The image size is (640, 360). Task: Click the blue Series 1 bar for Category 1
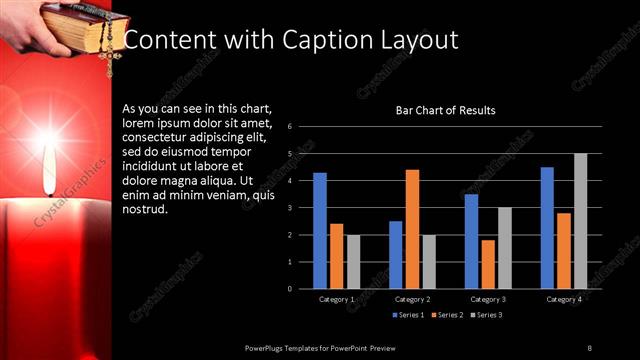coord(320,231)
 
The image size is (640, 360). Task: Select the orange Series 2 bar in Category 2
coord(412,229)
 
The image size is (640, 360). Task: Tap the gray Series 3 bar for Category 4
coord(580,221)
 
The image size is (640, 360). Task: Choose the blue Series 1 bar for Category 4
coord(547,228)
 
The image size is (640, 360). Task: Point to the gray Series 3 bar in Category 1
coord(353,262)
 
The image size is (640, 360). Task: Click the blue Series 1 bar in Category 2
coord(396,255)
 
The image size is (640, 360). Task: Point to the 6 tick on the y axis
coord(289,127)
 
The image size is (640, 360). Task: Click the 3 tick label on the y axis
coord(289,208)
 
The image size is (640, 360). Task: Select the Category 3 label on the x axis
coord(488,299)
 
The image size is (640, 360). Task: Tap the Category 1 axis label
coord(336,299)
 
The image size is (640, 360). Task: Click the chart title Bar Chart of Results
coord(446,110)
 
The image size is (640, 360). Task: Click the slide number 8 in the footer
coord(589,347)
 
